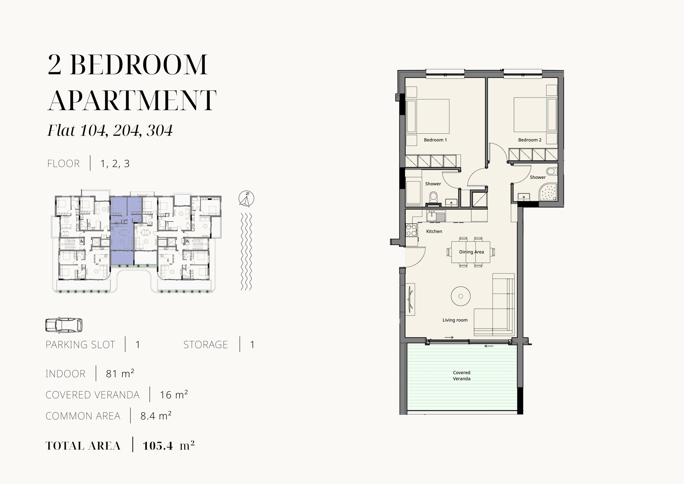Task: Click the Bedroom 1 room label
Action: [x=435, y=140]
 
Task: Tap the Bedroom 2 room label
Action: [x=530, y=140]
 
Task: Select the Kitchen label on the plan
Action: [x=434, y=231]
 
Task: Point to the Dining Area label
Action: [x=471, y=252]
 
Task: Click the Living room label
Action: [x=455, y=320]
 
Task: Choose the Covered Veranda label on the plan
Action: [x=461, y=375]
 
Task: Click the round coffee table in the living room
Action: [x=461, y=296]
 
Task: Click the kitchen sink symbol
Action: [x=436, y=216]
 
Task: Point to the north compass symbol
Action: [x=246, y=199]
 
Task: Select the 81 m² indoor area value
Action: [x=120, y=373]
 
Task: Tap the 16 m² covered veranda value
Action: [x=174, y=394]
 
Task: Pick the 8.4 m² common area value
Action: [x=156, y=416]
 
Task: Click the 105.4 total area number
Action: [x=158, y=446]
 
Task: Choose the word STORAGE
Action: [x=205, y=344]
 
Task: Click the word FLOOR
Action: [x=63, y=164]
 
